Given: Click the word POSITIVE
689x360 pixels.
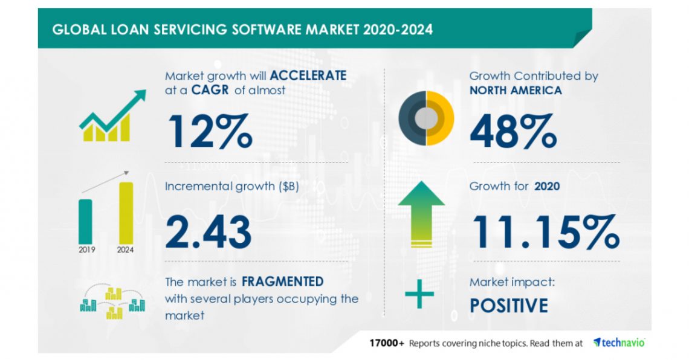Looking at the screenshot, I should [509, 305].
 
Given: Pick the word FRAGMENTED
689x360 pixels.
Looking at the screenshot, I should [282, 281].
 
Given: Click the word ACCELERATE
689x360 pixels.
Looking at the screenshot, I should [308, 76].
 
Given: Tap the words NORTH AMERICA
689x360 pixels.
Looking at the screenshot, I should [516, 91].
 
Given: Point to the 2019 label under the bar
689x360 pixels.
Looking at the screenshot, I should [86, 249].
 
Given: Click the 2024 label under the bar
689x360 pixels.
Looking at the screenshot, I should [126, 249].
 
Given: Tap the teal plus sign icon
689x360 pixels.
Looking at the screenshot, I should [419, 294].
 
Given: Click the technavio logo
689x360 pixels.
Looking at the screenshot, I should [619, 342].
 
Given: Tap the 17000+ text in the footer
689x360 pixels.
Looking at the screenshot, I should [387, 343].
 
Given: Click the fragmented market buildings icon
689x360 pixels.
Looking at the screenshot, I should [112, 300].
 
